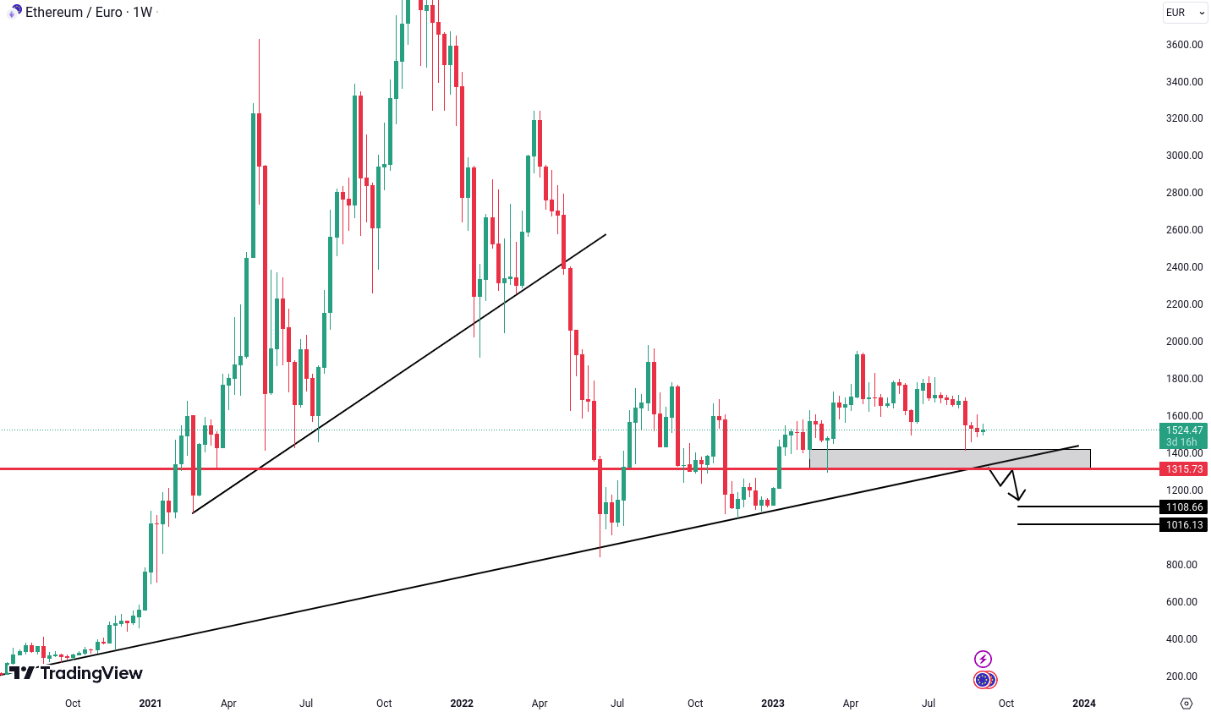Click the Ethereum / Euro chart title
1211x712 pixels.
coord(89,13)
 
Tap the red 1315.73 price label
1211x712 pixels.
coord(1184,469)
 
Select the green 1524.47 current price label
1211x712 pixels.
coord(1184,430)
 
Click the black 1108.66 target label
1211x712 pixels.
coord(1184,507)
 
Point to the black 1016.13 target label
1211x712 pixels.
coord(1184,525)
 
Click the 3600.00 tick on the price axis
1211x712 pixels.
coord(1184,45)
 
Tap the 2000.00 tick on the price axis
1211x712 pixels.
coord(1184,342)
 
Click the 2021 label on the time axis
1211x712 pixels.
coord(151,704)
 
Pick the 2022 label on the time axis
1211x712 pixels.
coord(462,704)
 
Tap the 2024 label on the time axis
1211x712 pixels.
coord(1084,704)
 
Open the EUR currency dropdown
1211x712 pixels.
coord(1186,13)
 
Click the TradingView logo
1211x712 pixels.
coord(76,673)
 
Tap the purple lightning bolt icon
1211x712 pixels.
coord(983,659)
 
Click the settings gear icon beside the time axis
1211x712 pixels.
coord(1186,704)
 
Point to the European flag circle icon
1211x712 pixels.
coord(983,680)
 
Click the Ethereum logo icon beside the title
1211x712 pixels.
coord(15,12)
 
